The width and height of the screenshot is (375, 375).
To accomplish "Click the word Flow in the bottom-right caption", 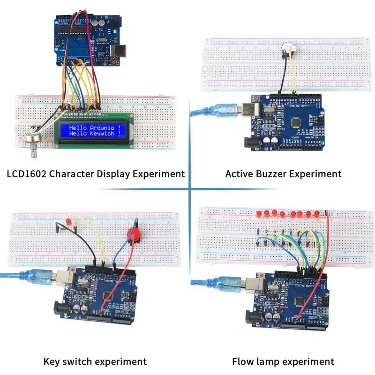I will [x=243, y=361].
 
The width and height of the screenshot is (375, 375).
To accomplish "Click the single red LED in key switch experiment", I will [x=68, y=220].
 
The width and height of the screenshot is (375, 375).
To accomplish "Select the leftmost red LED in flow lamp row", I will [x=259, y=214].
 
